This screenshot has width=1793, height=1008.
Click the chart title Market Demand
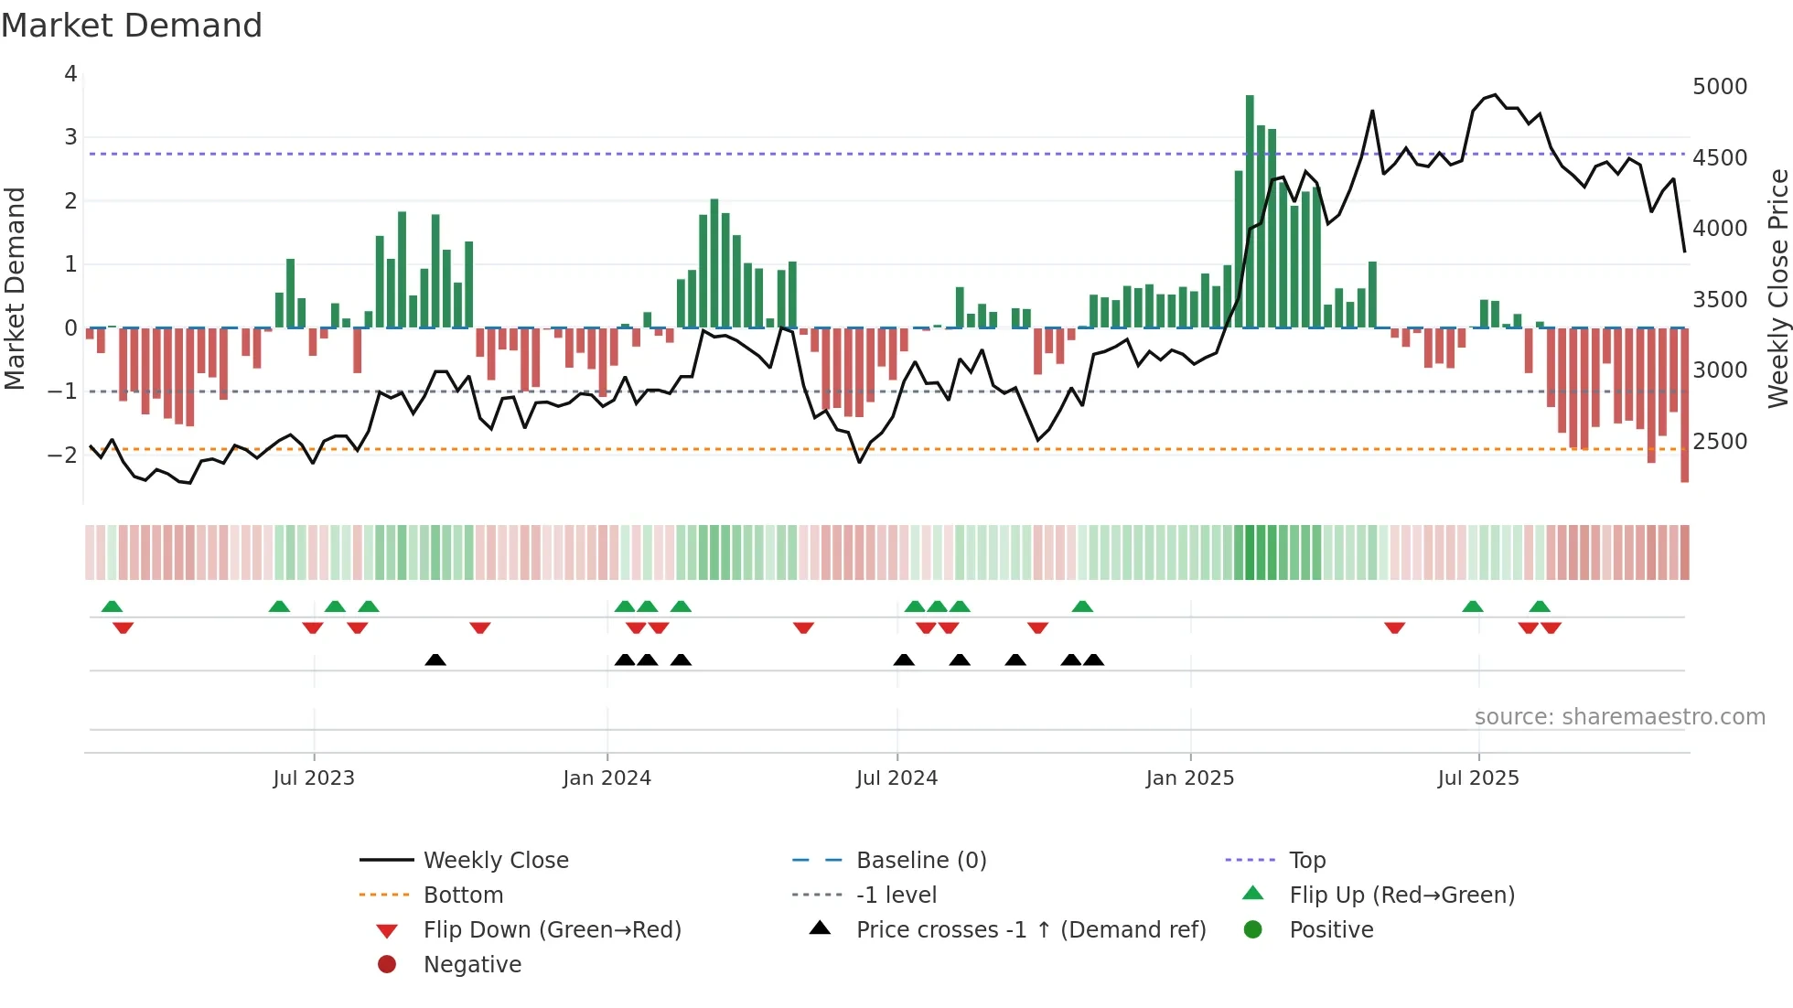(x=132, y=26)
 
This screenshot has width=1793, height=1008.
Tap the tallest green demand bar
(x=1250, y=210)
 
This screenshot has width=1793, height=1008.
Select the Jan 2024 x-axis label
(x=607, y=778)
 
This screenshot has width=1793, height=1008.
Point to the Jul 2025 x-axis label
(x=1478, y=778)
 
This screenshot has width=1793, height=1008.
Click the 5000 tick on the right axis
(x=1720, y=87)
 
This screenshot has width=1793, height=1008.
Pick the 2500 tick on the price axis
(x=1720, y=442)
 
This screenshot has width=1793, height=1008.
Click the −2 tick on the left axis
(x=63, y=455)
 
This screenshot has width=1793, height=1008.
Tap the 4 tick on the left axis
(x=70, y=74)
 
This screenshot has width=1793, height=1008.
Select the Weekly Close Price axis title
(x=1777, y=288)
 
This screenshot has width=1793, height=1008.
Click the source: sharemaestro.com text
(x=1619, y=717)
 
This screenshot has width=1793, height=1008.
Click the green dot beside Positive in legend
(x=1253, y=930)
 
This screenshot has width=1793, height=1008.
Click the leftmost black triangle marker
(x=435, y=659)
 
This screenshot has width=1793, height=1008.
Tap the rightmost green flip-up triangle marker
(x=1540, y=606)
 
